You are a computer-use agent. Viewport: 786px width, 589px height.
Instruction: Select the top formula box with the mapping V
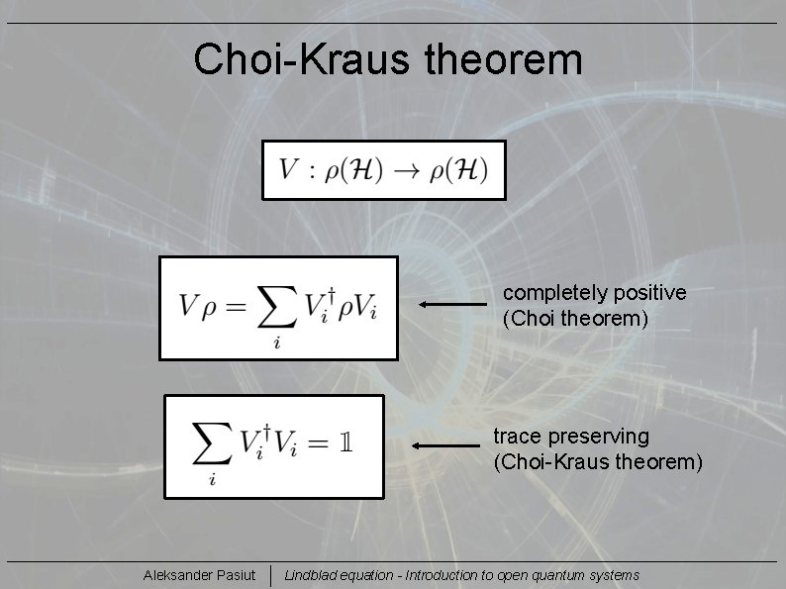[x=384, y=169]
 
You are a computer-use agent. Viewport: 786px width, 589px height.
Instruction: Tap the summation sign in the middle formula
[x=275, y=308]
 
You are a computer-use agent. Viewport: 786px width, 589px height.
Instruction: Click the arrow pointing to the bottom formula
[x=445, y=446]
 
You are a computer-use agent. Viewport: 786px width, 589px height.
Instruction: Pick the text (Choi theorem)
[x=575, y=319]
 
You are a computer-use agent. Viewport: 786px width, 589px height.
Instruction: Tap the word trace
[x=517, y=437]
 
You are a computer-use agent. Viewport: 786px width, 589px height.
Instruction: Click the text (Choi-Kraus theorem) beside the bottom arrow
[x=597, y=462]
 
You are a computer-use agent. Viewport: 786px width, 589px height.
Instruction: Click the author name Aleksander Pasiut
[x=199, y=575]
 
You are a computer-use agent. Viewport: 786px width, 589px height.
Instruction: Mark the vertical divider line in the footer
[x=270, y=575]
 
